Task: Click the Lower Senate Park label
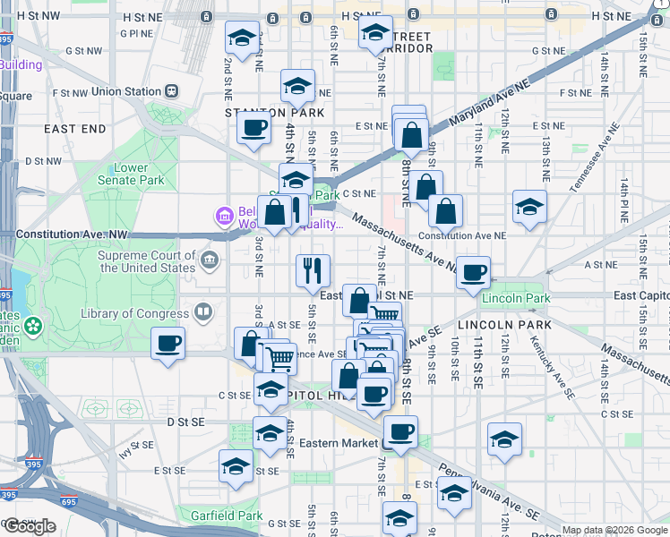[x=139, y=175]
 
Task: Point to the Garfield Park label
[x=227, y=516]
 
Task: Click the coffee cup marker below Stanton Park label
[x=253, y=127]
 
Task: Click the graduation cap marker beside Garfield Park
[x=236, y=466]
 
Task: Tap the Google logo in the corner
[x=30, y=526]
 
